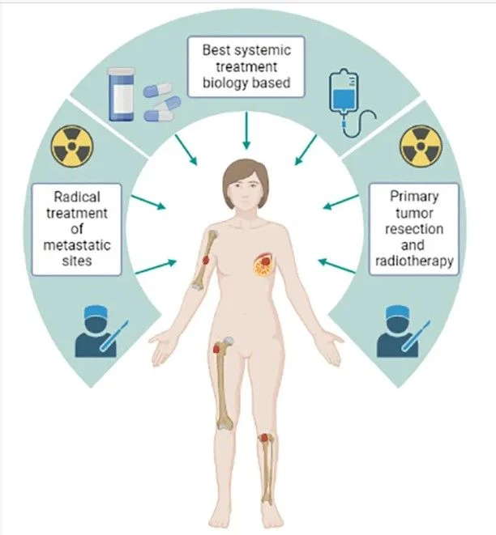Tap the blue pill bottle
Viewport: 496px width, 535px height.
121,94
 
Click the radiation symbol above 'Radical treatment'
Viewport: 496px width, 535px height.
72,146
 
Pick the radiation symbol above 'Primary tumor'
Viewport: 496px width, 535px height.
421,146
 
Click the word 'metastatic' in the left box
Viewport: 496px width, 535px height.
77,245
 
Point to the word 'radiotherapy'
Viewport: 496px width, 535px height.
414,261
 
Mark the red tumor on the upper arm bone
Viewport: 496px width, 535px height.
206,260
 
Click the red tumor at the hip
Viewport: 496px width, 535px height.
216,348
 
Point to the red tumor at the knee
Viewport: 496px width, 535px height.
263,438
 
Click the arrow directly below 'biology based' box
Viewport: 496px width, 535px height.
246,130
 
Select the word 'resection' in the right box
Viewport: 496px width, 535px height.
414,229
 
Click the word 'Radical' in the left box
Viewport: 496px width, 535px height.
77,197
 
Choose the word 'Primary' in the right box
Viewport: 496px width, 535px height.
414,197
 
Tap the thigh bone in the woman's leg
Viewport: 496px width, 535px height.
224,384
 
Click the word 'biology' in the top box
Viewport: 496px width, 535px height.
224,83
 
